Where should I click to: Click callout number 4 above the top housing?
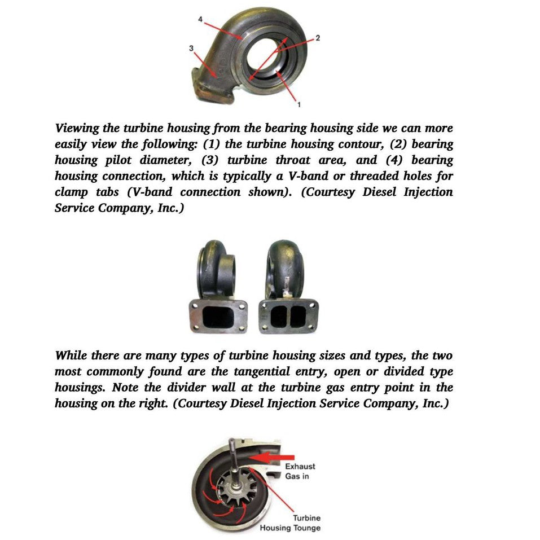pyautogui.click(x=200, y=20)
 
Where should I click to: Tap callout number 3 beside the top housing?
pyautogui.click(x=191, y=49)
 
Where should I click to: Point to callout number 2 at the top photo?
pyautogui.click(x=318, y=38)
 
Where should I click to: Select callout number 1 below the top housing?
pyautogui.click(x=298, y=104)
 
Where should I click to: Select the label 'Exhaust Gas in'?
pyautogui.click(x=300, y=471)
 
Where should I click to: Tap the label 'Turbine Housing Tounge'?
pyautogui.click(x=290, y=523)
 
